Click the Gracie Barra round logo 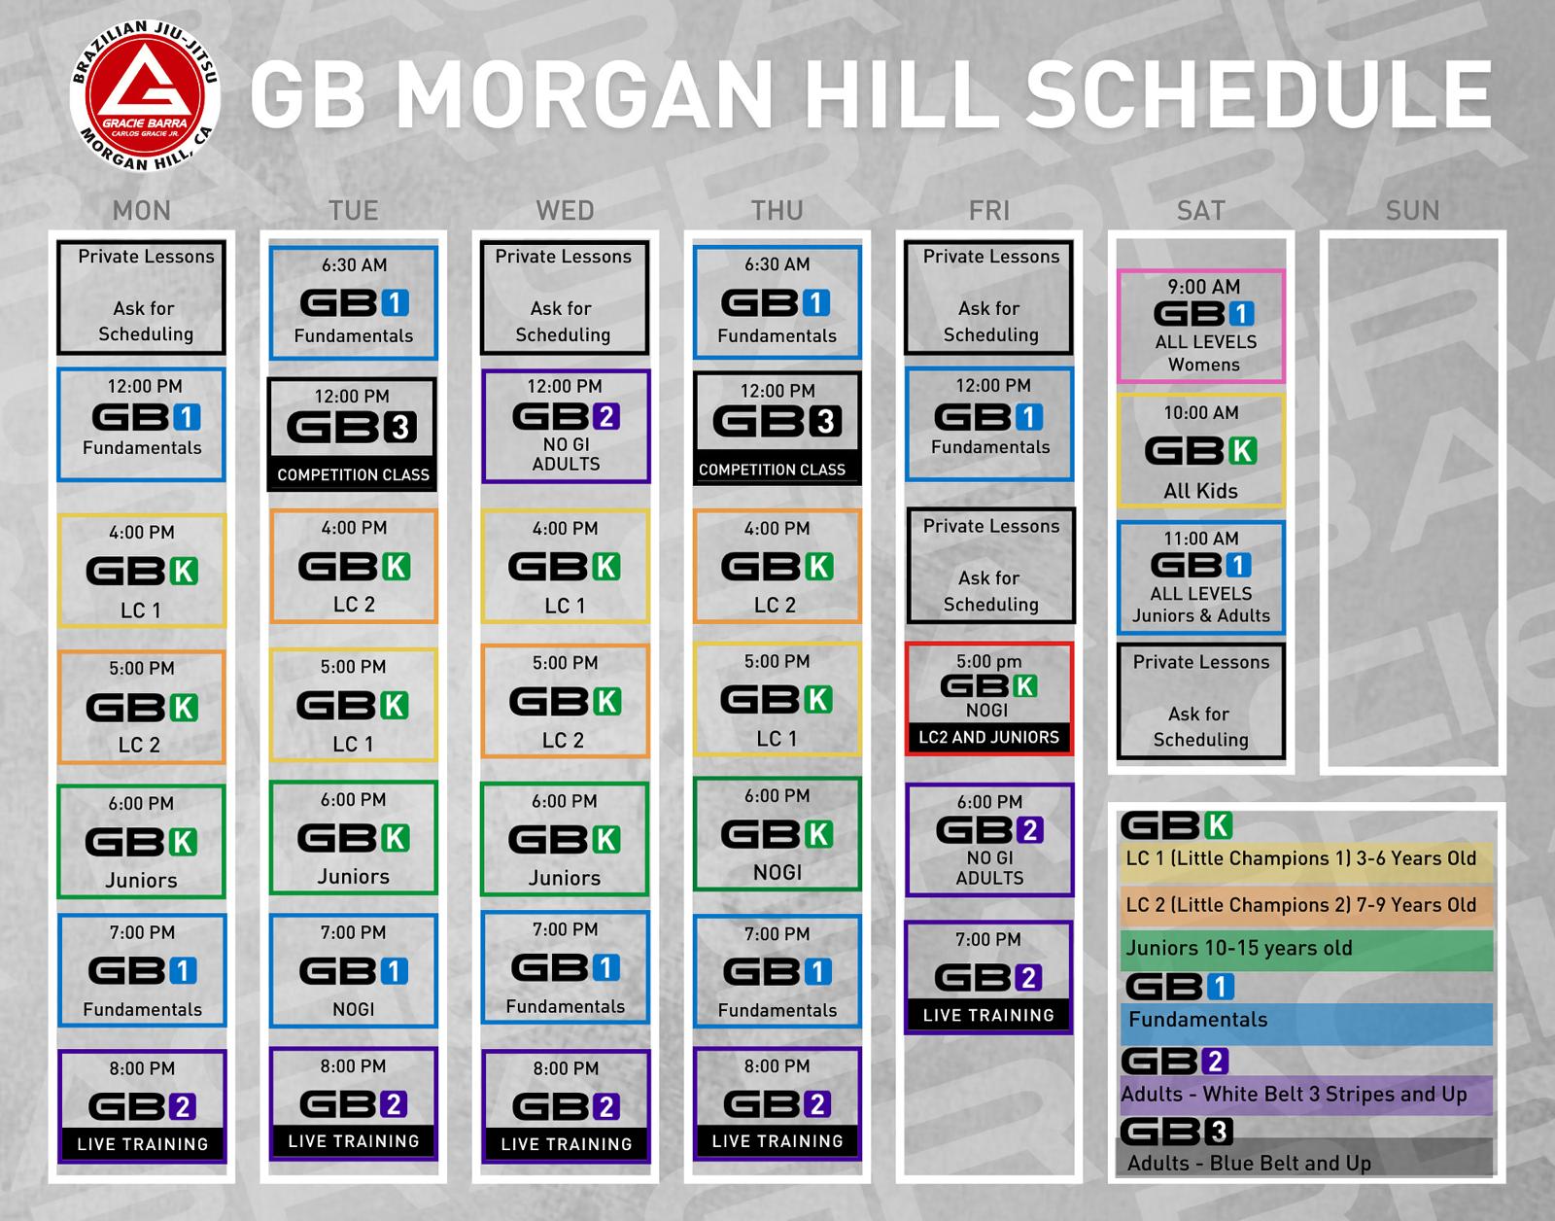coord(145,96)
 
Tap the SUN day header coord(1412,210)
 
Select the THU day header coord(777,210)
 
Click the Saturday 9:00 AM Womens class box coord(1201,326)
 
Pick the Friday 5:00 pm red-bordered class coord(989,699)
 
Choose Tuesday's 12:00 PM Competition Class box coord(352,434)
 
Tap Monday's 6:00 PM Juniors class coord(142,841)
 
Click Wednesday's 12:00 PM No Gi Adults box coord(566,426)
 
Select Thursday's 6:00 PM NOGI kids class coord(777,834)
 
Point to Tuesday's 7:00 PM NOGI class coord(353,970)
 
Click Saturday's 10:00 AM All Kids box coord(1201,450)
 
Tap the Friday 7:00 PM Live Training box coord(989,977)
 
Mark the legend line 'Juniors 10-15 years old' coord(1239,948)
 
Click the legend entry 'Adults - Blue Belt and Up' coord(1249,1163)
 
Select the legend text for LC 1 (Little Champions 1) coord(1301,858)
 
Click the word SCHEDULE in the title coord(1258,93)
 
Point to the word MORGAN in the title coord(584,93)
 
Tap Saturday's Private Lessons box coord(1201,701)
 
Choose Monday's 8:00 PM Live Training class coord(142,1105)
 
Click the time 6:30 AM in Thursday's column coord(777,264)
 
